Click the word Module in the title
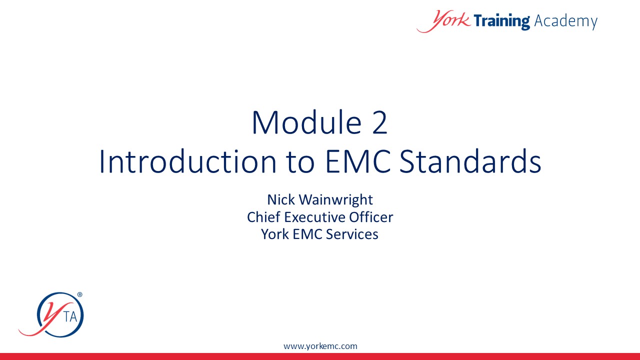click(307, 122)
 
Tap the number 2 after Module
click(379, 122)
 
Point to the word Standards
click(470, 161)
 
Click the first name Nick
click(281, 199)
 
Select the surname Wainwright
click(335, 200)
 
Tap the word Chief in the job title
click(263, 217)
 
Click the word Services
click(352, 234)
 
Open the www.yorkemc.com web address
click(320, 346)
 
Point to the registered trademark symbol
click(79, 294)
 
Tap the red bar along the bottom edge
click(320, 356)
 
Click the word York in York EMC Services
click(275, 234)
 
